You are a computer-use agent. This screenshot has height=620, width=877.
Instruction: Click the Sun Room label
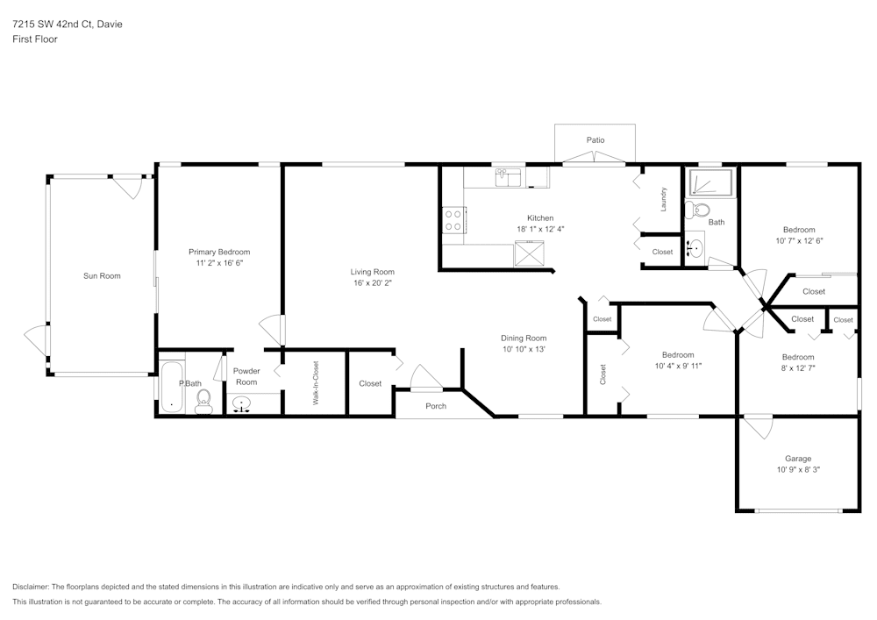102,276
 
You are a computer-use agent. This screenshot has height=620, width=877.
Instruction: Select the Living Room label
373,272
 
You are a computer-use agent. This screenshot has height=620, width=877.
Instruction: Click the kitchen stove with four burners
453,219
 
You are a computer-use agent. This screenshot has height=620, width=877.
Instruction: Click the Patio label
595,140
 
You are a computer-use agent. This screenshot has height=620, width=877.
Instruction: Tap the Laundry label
664,199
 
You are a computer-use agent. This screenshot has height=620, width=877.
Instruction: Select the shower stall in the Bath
708,182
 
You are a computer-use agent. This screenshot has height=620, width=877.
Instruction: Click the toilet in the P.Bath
203,402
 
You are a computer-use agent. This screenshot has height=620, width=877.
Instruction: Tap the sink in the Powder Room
241,404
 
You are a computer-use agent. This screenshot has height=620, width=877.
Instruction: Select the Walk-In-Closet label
316,383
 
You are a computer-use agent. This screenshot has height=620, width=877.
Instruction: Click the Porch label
436,406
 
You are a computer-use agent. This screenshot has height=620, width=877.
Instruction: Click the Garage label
797,459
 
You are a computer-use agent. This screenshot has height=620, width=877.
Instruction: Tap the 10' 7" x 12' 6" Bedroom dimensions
799,240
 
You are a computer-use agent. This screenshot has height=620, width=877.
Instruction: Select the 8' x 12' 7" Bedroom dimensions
798,368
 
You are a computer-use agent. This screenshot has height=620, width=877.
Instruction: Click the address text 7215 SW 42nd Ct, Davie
68,25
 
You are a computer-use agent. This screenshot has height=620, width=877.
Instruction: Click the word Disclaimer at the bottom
31,587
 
